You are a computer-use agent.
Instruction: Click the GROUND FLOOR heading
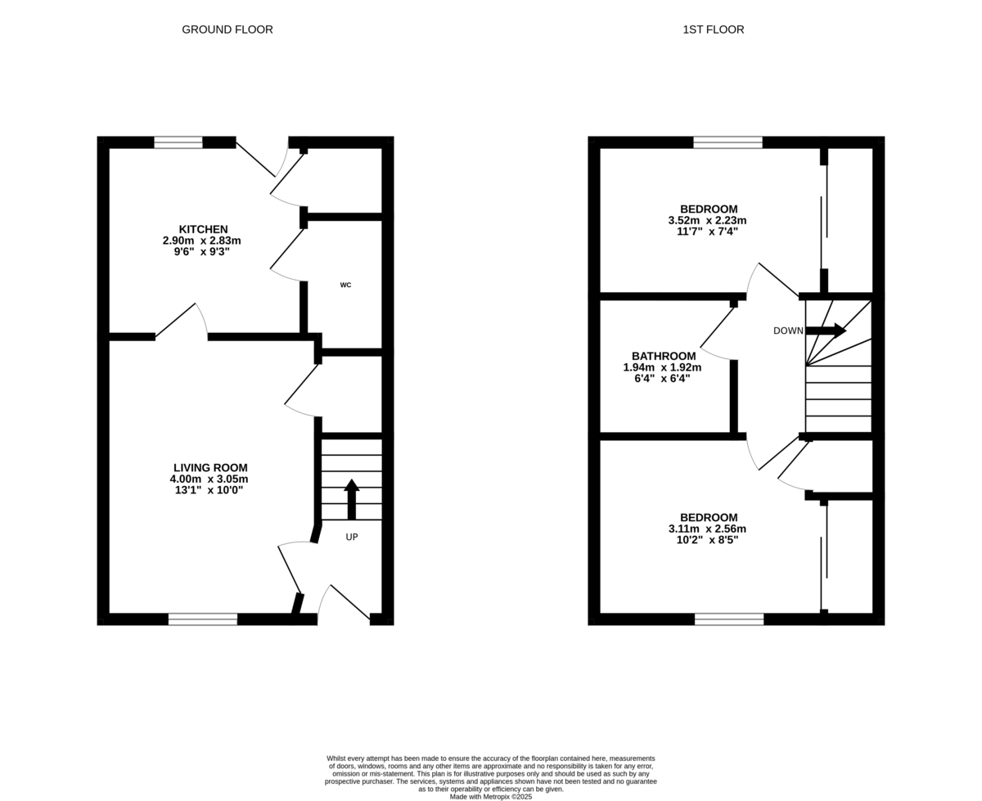(227, 29)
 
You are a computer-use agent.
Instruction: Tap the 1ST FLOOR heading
(714, 29)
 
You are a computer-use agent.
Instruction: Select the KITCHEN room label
(204, 229)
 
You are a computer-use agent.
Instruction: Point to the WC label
(345, 285)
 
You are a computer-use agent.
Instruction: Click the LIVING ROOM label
(210, 468)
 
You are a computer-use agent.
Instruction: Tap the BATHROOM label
(664, 356)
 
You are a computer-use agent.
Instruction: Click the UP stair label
(352, 537)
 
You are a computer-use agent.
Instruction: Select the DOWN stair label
(788, 331)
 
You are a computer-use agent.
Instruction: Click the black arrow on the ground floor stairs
(352, 499)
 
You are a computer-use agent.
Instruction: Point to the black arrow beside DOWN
(826, 331)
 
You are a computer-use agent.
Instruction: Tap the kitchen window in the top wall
(178, 142)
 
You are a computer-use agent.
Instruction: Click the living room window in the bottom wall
(203, 619)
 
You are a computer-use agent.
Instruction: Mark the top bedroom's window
(727, 142)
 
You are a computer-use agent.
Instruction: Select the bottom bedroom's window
(729, 619)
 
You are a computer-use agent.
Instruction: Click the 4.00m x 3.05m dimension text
(209, 479)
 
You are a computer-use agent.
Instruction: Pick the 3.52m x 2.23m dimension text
(707, 221)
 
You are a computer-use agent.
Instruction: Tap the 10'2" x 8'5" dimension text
(707, 540)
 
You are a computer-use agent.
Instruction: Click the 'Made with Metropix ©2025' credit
(491, 797)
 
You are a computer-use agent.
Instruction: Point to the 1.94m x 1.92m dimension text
(662, 367)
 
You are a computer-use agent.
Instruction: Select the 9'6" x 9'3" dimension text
(201, 252)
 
